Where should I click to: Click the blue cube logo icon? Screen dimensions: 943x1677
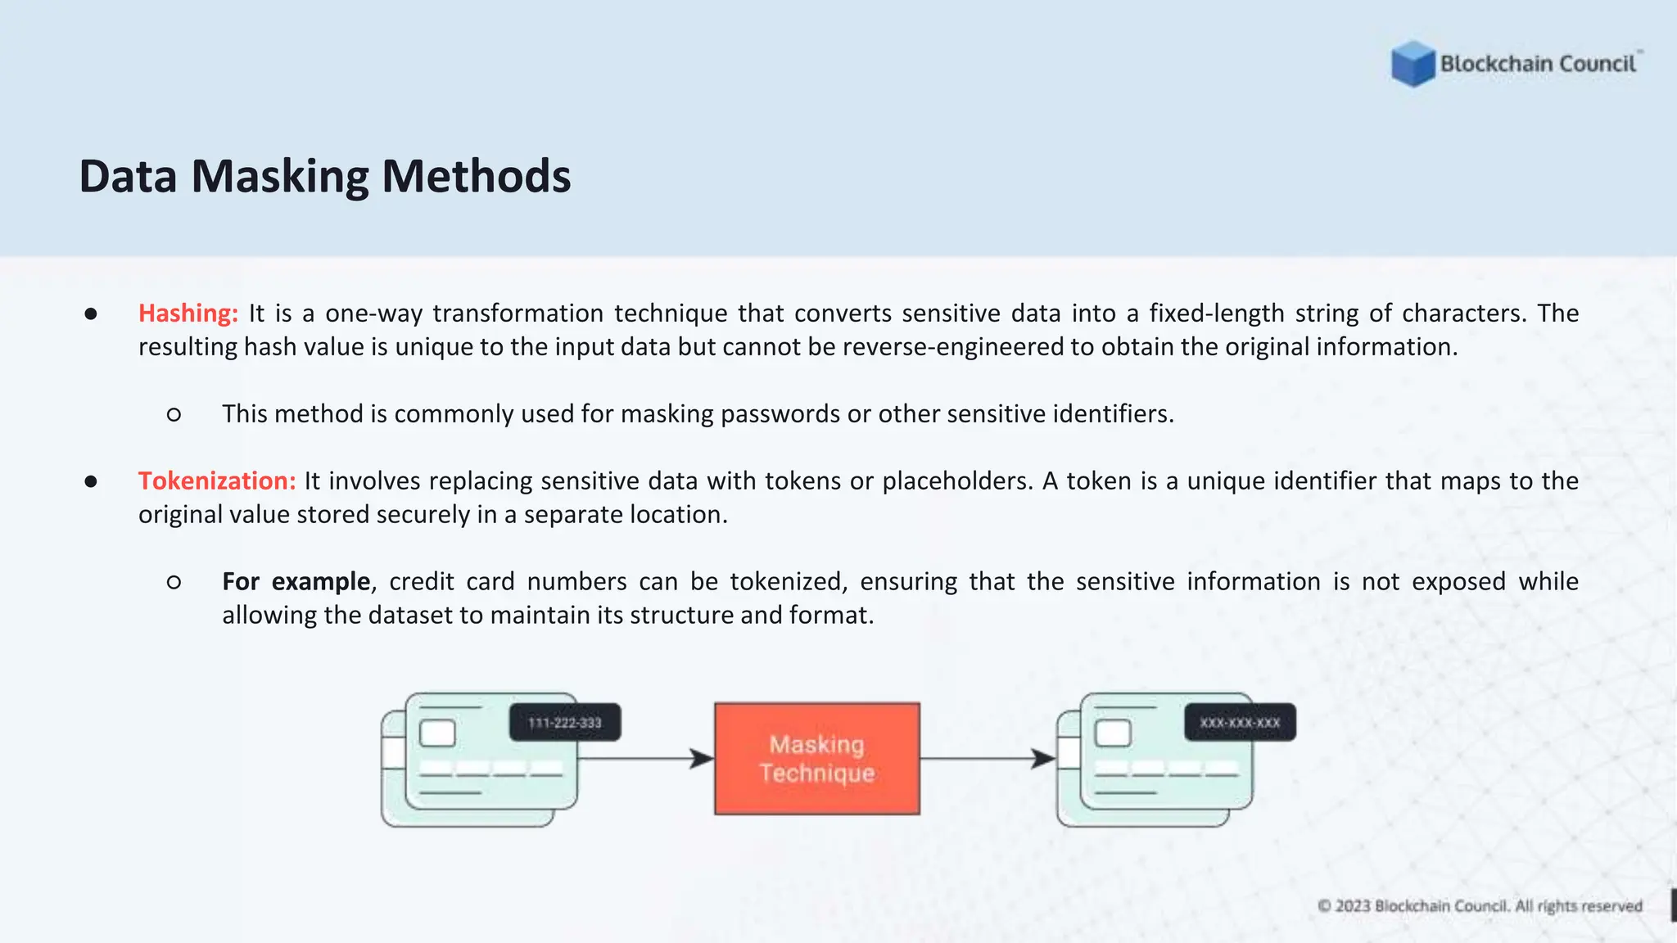(1413, 64)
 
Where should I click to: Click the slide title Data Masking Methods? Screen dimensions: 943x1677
(325, 176)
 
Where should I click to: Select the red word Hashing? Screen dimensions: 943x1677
(188, 314)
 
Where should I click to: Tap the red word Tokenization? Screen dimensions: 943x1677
(217, 481)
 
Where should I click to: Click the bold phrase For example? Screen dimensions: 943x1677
(296, 582)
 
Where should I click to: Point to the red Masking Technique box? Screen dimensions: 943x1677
(817, 759)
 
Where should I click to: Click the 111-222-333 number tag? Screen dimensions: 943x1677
(565, 723)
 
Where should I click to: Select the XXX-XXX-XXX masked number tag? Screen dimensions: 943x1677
(1240, 723)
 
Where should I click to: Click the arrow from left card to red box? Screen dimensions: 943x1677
(646, 759)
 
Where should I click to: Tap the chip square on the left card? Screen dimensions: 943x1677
(437, 733)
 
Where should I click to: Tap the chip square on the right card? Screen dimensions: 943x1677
(1113, 733)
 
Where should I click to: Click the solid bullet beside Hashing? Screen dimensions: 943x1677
(91, 314)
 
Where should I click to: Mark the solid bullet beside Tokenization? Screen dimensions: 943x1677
(91, 482)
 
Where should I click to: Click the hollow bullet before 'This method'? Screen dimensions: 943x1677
(174, 415)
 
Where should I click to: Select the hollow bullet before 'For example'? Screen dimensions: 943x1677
(174, 583)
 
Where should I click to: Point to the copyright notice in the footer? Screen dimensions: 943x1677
(1480, 906)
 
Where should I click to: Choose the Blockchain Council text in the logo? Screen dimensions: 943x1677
(1538, 64)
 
